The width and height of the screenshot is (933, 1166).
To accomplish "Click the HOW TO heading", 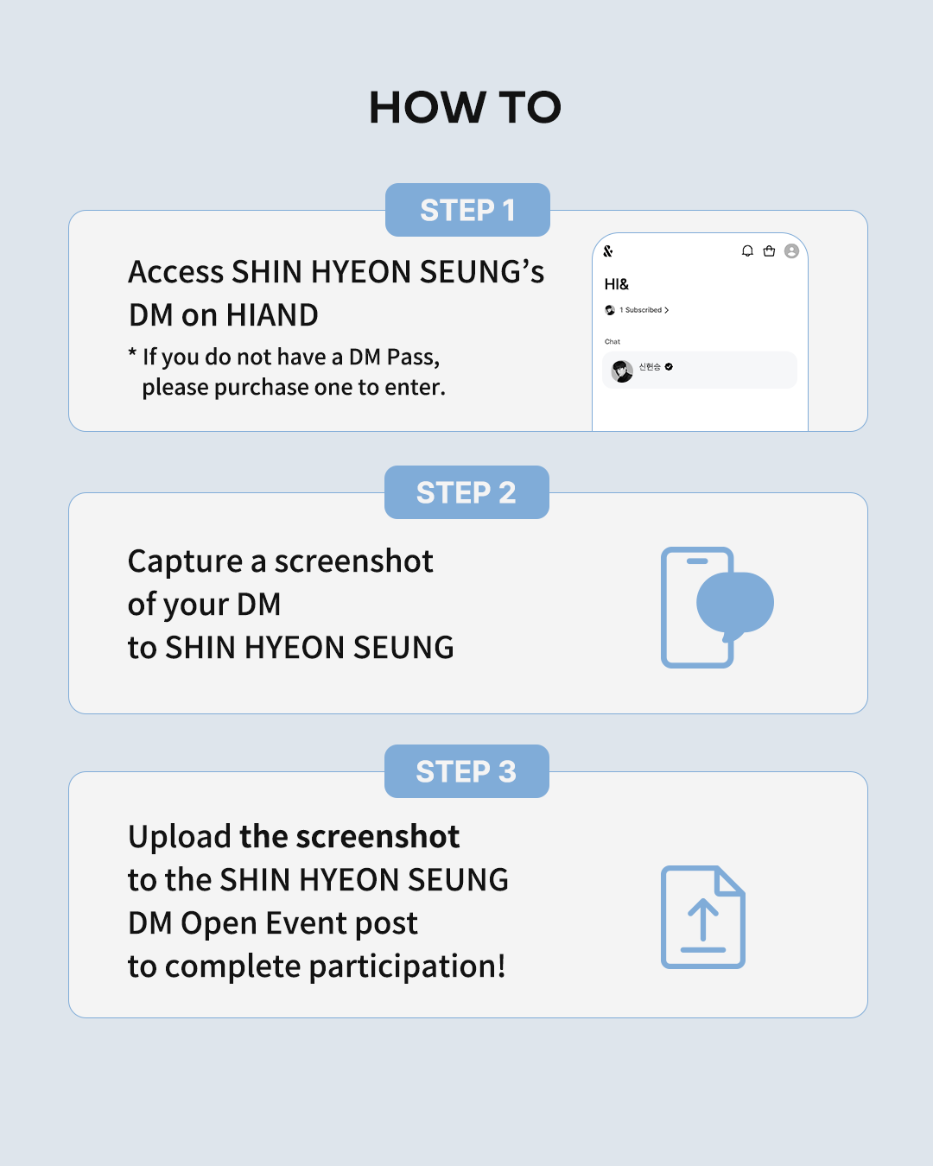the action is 465,107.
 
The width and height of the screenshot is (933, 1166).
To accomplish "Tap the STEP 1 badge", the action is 467,210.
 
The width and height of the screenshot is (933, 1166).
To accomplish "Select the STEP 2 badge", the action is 466,492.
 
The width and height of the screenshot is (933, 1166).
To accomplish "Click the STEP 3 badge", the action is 466,771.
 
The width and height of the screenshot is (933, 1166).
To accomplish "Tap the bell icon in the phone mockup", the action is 747,250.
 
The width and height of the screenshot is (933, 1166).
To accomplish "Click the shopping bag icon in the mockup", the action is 769,250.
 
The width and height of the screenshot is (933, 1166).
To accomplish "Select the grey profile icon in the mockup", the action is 791,250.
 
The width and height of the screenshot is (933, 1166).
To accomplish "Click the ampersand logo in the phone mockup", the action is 608,250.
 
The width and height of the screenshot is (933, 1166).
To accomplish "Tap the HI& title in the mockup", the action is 617,284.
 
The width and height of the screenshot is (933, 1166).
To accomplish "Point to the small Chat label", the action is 612,341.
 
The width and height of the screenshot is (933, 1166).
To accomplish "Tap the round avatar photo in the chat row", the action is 622,371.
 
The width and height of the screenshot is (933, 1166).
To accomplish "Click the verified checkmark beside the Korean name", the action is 669,367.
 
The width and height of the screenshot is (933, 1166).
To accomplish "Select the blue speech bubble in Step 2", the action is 735,604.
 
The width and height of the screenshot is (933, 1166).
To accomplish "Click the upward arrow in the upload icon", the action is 703,920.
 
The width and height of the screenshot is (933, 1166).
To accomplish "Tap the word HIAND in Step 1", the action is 272,314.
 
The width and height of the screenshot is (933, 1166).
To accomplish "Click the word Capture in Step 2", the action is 186,561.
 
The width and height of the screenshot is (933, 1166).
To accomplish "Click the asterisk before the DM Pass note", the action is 132,352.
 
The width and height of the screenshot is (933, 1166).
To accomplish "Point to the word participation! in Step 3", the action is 407,966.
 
